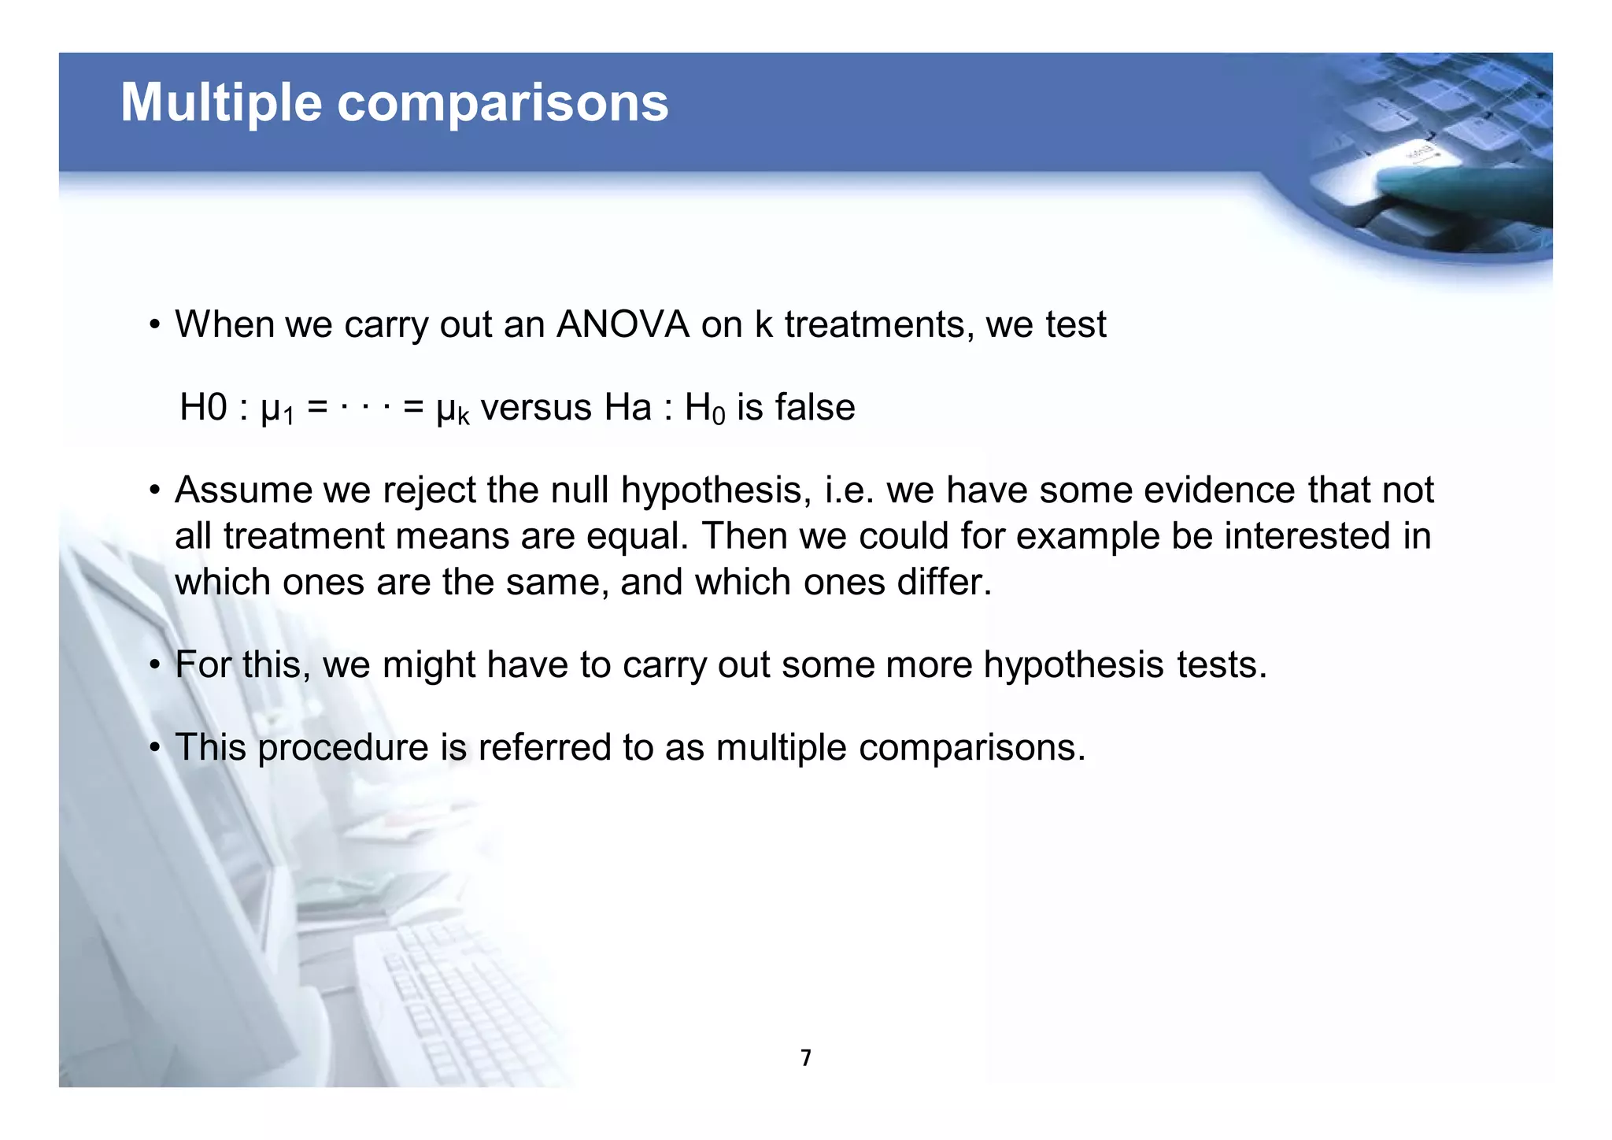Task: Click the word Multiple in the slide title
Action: click(x=221, y=103)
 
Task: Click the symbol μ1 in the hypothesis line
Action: click(x=277, y=409)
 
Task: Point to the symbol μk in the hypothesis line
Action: click(x=453, y=409)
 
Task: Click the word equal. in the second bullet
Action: click(x=638, y=536)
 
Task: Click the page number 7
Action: click(x=805, y=1058)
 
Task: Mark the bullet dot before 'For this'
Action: click(x=155, y=666)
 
